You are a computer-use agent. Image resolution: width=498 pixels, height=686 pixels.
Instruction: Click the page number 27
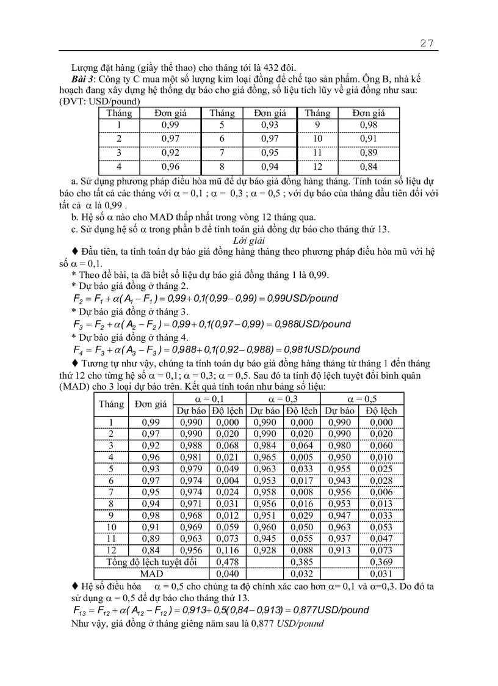tap(427, 42)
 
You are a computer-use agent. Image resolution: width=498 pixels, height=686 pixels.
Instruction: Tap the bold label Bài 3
tap(84, 79)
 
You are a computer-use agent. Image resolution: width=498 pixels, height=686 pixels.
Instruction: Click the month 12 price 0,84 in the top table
tap(369, 166)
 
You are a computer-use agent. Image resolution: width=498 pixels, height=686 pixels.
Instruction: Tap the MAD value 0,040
tap(228, 574)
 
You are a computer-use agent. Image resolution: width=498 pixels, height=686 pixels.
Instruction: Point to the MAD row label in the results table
tap(151, 574)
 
